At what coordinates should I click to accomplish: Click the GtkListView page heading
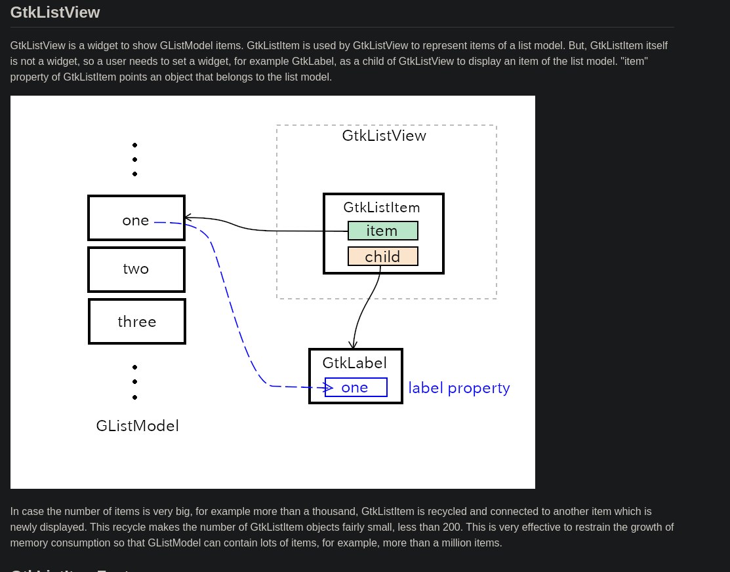[x=55, y=12]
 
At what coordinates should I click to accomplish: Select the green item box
[x=382, y=231]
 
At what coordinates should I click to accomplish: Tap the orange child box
[x=382, y=256]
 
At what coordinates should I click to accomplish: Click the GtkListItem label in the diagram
[x=382, y=208]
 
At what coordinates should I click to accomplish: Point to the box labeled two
[x=136, y=269]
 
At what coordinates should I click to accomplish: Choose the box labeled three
[x=137, y=322]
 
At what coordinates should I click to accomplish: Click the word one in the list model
[x=136, y=221]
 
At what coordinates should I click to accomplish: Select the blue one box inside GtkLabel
[x=355, y=387]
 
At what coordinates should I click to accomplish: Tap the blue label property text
[x=459, y=388]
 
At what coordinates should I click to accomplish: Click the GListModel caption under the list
[x=137, y=426]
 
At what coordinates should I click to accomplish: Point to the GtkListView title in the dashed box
[x=384, y=136]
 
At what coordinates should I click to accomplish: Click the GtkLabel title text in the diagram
[x=354, y=363]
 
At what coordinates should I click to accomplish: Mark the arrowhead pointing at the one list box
[x=187, y=218]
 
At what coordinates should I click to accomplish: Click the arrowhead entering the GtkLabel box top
[x=354, y=344]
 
